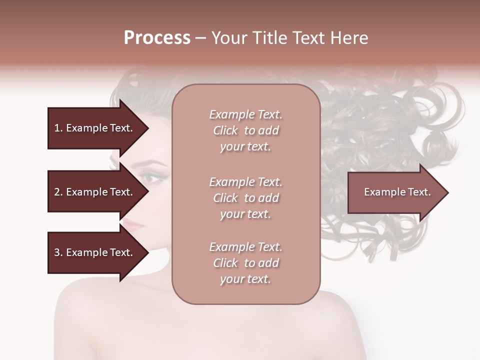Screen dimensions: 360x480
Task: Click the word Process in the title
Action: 157,38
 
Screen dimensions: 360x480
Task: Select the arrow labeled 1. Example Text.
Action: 94,128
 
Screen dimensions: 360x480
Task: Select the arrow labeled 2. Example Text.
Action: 94,192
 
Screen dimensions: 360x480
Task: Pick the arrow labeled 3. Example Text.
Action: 94,252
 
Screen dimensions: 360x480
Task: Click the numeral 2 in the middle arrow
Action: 57,192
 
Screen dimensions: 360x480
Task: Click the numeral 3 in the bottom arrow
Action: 57,252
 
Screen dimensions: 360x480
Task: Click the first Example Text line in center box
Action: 245,114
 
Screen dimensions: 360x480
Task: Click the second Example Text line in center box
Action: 245,181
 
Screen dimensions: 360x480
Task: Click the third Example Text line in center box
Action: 245,247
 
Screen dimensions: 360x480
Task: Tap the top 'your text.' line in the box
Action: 245,147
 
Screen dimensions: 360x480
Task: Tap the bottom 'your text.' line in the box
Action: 245,279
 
